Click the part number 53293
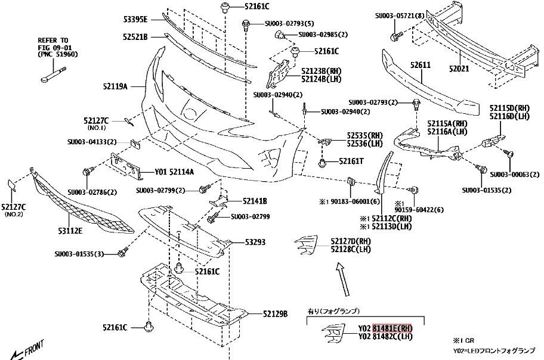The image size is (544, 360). (255, 243)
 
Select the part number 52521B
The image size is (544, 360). (135, 37)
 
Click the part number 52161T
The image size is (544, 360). (351, 161)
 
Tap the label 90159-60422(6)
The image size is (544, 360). (419, 210)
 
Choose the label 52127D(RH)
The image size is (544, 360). (352, 241)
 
